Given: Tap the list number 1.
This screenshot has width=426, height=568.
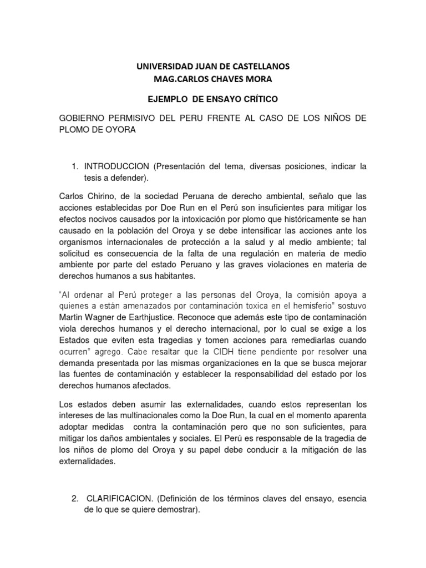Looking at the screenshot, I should (75, 166).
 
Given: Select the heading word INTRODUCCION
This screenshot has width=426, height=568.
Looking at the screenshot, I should (116, 166).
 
